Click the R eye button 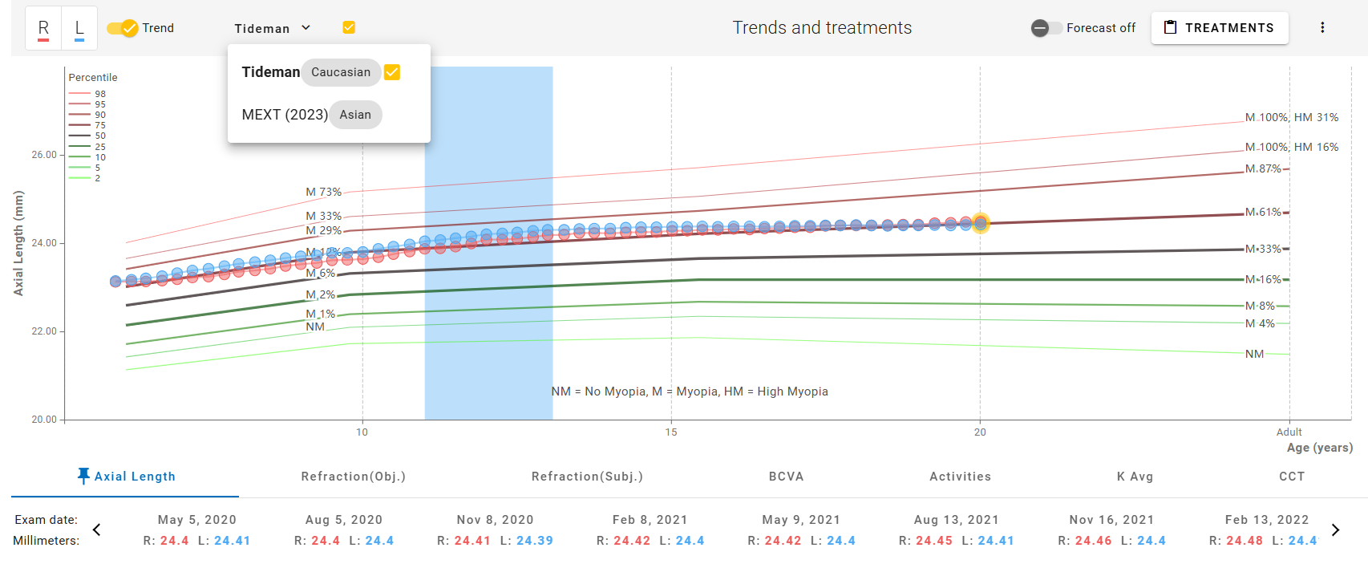pyautogui.click(x=43, y=28)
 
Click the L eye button pyautogui.click(x=79, y=28)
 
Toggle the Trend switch pyautogui.click(x=123, y=28)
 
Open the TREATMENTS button pyautogui.click(x=1219, y=28)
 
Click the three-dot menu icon pyautogui.click(x=1322, y=28)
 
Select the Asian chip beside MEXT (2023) pyautogui.click(x=355, y=115)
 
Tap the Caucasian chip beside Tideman pyautogui.click(x=341, y=72)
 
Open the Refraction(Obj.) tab pyautogui.click(x=353, y=477)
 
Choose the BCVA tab pyautogui.click(x=786, y=477)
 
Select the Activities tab pyautogui.click(x=960, y=477)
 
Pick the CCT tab pyautogui.click(x=1291, y=477)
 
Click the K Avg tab pyautogui.click(x=1135, y=477)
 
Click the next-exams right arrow pyautogui.click(x=1335, y=530)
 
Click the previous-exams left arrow pyautogui.click(x=97, y=530)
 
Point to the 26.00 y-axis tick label pyautogui.click(x=44, y=155)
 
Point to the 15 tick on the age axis pyautogui.click(x=671, y=432)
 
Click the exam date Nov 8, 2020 pyautogui.click(x=495, y=520)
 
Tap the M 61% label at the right pyautogui.click(x=1263, y=213)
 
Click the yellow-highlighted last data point pyautogui.click(x=980, y=223)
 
